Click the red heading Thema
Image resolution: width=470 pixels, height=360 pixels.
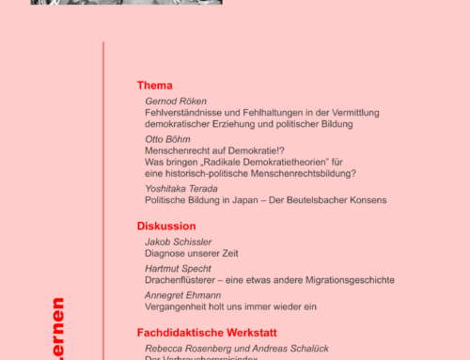click(154, 86)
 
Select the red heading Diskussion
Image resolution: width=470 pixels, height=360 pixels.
click(166, 226)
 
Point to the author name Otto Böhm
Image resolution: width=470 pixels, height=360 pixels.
click(166, 137)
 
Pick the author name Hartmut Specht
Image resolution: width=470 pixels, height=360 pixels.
click(177, 268)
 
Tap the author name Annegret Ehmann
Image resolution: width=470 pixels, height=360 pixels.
click(182, 293)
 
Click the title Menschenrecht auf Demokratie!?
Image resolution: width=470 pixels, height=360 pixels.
click(212, 149)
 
